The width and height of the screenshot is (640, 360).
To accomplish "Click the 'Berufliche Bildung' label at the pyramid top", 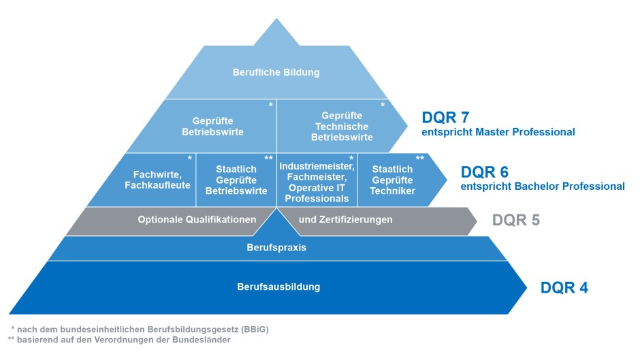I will pyautogui.click(x=276, y=72).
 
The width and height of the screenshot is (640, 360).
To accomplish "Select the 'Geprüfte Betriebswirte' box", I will pyautogui.click(x=212, y=127).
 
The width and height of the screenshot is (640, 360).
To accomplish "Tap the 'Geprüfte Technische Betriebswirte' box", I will pyautogui.click(x=342, y=127).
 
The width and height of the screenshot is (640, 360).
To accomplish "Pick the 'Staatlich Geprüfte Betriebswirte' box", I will pyautogui.click(x=236, y=180).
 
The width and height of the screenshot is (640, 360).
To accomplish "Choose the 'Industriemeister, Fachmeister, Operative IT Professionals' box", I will pyautogui.click(x=317, y=180).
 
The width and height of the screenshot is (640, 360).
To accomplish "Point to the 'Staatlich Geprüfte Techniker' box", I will pyautogui.click(x=391, y=180).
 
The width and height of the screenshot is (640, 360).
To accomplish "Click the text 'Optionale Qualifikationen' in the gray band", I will pyautogui.click(x=197, y=220).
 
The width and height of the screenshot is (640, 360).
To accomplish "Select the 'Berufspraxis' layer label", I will pyautogui.click(x=276, y=248).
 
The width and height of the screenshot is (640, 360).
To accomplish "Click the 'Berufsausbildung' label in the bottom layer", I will pyautogui.click(x=269, y=287).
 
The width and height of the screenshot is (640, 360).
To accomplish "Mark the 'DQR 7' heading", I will pyautogui.click(x=445, y=117).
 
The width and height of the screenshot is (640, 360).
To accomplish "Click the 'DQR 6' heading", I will pyautogui.click(x=485, y=171).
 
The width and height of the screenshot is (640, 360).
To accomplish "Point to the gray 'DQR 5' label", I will pyautogui.click(x=516, y=220).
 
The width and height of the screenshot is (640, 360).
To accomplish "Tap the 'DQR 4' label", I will pyautogui.click(x=564, y=287).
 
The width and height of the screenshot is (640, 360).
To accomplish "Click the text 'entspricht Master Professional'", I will pyautogui.click(x=498, y=132).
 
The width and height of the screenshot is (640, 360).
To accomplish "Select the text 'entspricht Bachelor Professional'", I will pyautogui.click(x=543, y=186).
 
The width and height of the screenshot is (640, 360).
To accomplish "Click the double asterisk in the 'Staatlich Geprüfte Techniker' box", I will pyautogui.click(x=419, y=158).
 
